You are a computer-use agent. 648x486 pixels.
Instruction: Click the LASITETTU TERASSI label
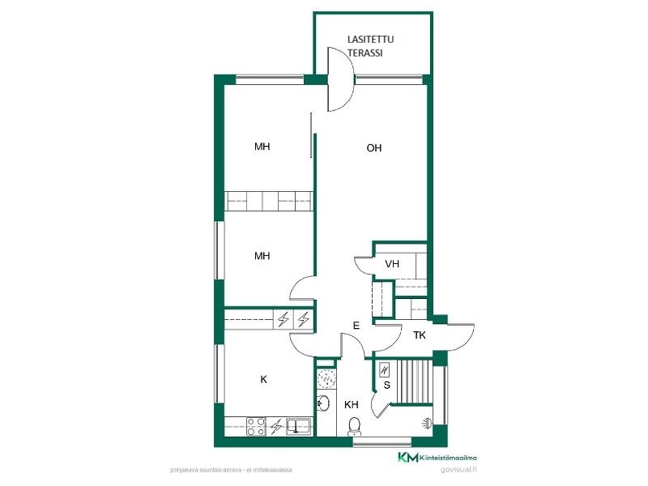[x=371, y=46]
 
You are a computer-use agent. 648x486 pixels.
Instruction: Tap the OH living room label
[x=374, y=148]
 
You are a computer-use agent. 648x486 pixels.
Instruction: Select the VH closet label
[x=392, y=264]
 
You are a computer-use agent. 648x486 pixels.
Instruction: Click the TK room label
[x=420, y=335]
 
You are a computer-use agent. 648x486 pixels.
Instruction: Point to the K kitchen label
[x=264, y=379]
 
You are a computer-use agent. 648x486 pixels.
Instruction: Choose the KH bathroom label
[x=352, y=404]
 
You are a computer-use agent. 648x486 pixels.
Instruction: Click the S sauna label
[x=387, y=386]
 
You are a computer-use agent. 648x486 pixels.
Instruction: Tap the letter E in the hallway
[x=356, y=326]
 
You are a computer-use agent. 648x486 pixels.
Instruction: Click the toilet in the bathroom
[x=354, y=427]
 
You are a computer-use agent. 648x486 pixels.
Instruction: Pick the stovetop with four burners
[x=256, y=427]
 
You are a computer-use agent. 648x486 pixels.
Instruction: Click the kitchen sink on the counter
[x=299, y=426]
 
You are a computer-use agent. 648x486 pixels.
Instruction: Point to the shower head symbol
[x=428, y=423]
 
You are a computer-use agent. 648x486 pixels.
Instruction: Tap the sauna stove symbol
[x=384, y=370]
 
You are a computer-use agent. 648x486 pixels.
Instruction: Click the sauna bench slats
[x=415, y=381]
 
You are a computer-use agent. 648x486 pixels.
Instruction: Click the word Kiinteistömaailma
[x=449, y=458]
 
